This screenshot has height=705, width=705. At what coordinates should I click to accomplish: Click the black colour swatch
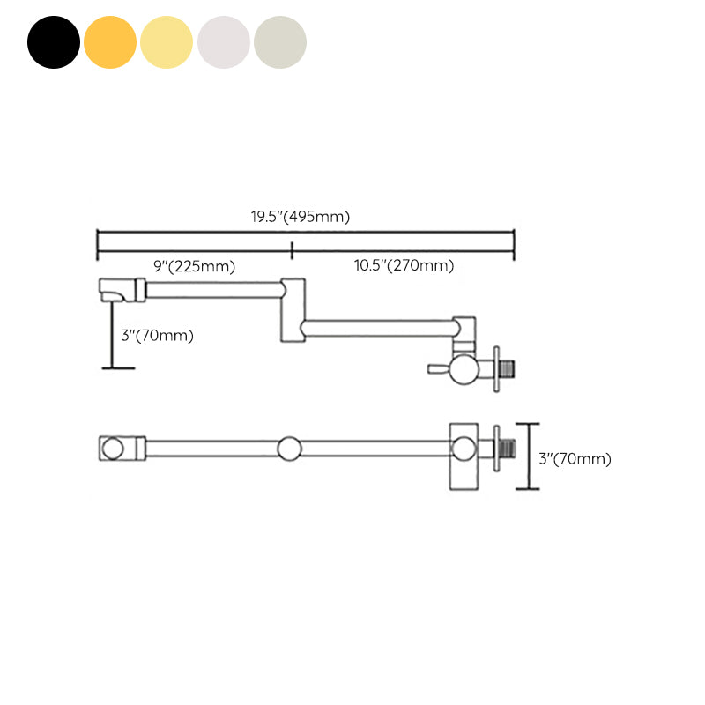click(54, 42)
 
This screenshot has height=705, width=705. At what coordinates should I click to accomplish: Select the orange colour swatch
click(110, 42)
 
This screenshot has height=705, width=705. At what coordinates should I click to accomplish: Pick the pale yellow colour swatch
click(167, 42)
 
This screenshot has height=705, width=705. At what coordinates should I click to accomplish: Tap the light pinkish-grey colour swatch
click(224, 42)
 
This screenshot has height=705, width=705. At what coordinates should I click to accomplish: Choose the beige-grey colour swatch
click(280, 42)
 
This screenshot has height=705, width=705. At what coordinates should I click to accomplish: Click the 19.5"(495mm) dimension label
click(301, 217)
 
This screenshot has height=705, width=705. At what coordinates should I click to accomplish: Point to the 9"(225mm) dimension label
click(194, 266)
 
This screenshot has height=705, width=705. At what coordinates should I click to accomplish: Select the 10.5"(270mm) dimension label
click(404, 265)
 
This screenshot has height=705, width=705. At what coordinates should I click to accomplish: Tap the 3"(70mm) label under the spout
click(158, 336)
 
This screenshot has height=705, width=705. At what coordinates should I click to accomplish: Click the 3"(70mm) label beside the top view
click(575, 458)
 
